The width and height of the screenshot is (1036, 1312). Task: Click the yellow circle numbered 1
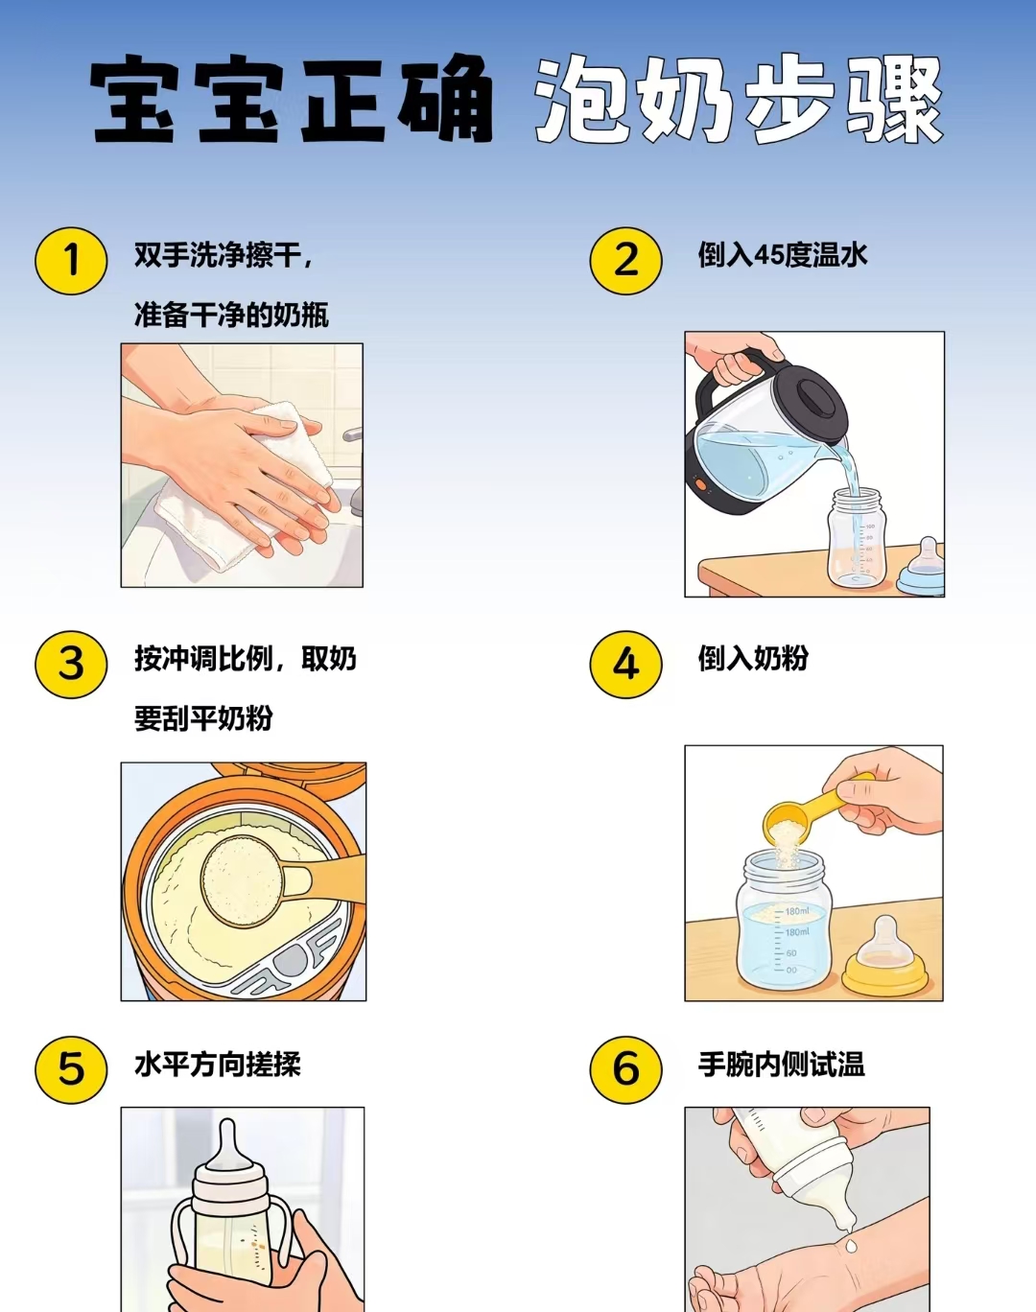click(x=71, y=261)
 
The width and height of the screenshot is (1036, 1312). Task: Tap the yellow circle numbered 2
click(x=625, y=261)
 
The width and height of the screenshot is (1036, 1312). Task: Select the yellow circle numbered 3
click(x=71, y=664)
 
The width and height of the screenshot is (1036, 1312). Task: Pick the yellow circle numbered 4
click(x=625, y=664)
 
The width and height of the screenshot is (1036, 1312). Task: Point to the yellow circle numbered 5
click(x=71, y=1069)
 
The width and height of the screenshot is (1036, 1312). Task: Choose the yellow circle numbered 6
click(x=625, y=1069)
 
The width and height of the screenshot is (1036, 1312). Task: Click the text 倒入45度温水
click(x=783, y=255)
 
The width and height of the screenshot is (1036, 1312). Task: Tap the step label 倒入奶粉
click(x=753, y=659)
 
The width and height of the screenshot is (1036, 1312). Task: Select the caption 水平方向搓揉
click(x=218, y=1065)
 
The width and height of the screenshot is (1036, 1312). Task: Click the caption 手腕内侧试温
click(x=781, y=1065)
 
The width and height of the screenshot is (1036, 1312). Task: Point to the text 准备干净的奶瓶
click(x=232, y=316)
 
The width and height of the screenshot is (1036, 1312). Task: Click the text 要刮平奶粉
click(x=203, y=718)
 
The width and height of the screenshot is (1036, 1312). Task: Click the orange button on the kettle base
click(x=701, y=485)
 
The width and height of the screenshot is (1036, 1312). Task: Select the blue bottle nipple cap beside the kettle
click(x=921, y=567)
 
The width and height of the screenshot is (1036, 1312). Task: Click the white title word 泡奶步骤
click(x=739, y=100)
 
